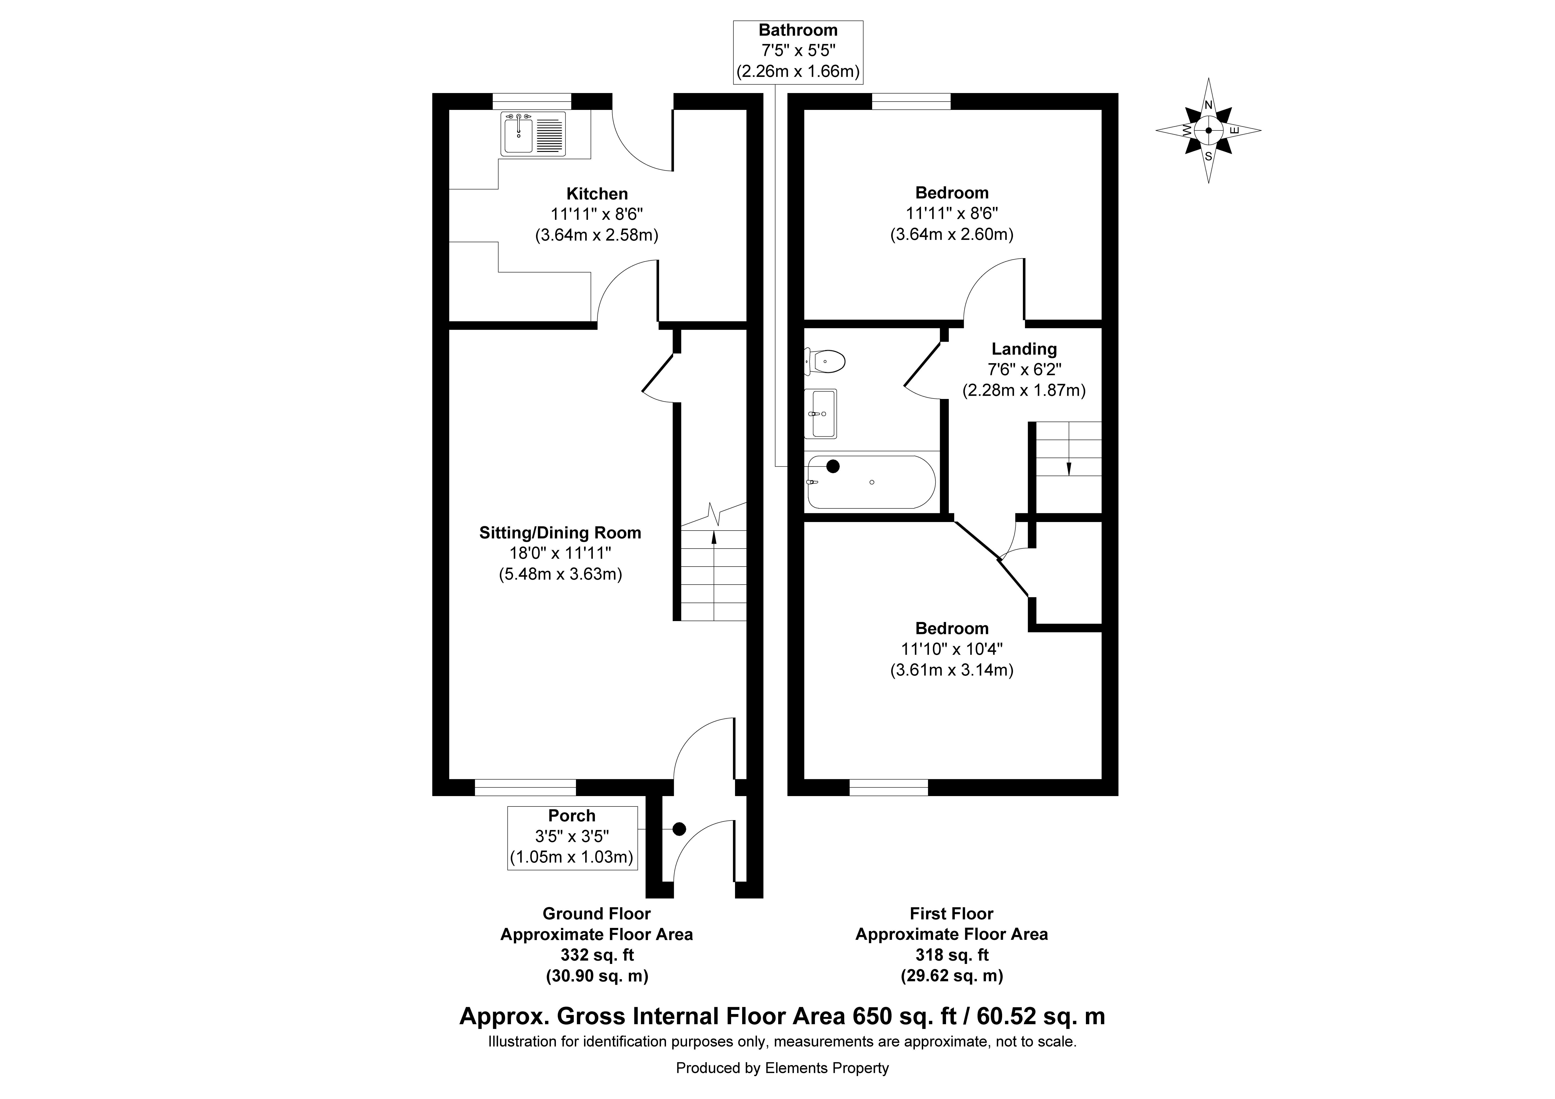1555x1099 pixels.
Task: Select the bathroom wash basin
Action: [x=820, y=413]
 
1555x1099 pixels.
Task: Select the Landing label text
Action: [x=1024, y=349]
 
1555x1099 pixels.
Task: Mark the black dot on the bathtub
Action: [x=833, y=466]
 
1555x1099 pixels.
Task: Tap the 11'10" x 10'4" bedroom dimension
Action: [x=952, y=648]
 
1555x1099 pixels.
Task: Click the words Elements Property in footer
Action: [x=827, y=1069]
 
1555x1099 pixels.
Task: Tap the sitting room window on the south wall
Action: [x=525, y=787]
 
